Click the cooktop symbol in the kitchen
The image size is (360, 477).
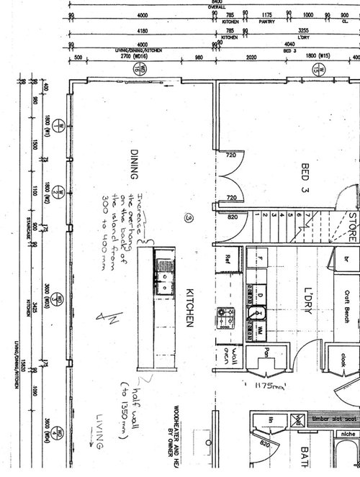click(223, 314)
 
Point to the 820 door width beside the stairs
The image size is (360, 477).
click(231, 216)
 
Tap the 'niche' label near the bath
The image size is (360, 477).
click(348, 434)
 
